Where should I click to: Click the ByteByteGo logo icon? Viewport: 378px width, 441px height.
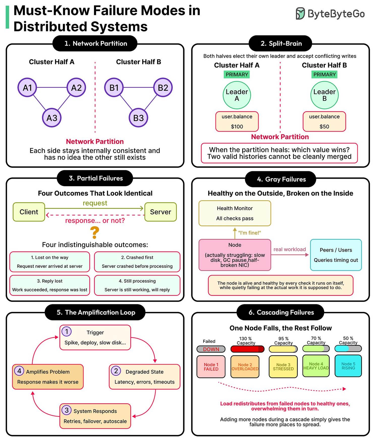point(300,14)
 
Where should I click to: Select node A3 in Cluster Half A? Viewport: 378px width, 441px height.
point(52,118)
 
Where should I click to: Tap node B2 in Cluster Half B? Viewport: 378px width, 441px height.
point(163,88)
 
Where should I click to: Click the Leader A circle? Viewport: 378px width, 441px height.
point(237,95)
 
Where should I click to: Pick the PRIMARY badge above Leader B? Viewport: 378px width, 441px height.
point(325,74)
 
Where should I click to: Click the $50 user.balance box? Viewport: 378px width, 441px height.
point(324,121)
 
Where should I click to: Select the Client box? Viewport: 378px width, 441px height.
point(29,212)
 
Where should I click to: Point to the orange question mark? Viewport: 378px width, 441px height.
point(95,233)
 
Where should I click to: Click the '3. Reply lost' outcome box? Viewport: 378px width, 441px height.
point(50,285)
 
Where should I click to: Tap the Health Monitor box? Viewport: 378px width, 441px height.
point(235,213)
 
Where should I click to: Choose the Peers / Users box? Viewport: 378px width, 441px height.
point(336,255)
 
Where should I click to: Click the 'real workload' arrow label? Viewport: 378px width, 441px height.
point(290,249)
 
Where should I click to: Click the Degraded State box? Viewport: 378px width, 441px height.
point(144,377)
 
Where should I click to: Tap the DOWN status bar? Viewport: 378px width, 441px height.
point(211,349)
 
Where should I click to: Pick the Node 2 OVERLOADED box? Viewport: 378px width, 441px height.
point(245,367)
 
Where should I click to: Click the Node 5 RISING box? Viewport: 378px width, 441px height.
point(348,366)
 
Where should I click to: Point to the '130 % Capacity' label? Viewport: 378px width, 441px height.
point(246,341)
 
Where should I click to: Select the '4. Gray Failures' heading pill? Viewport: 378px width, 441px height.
point(280,179)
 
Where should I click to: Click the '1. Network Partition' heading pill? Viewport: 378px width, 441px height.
point(95,43)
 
